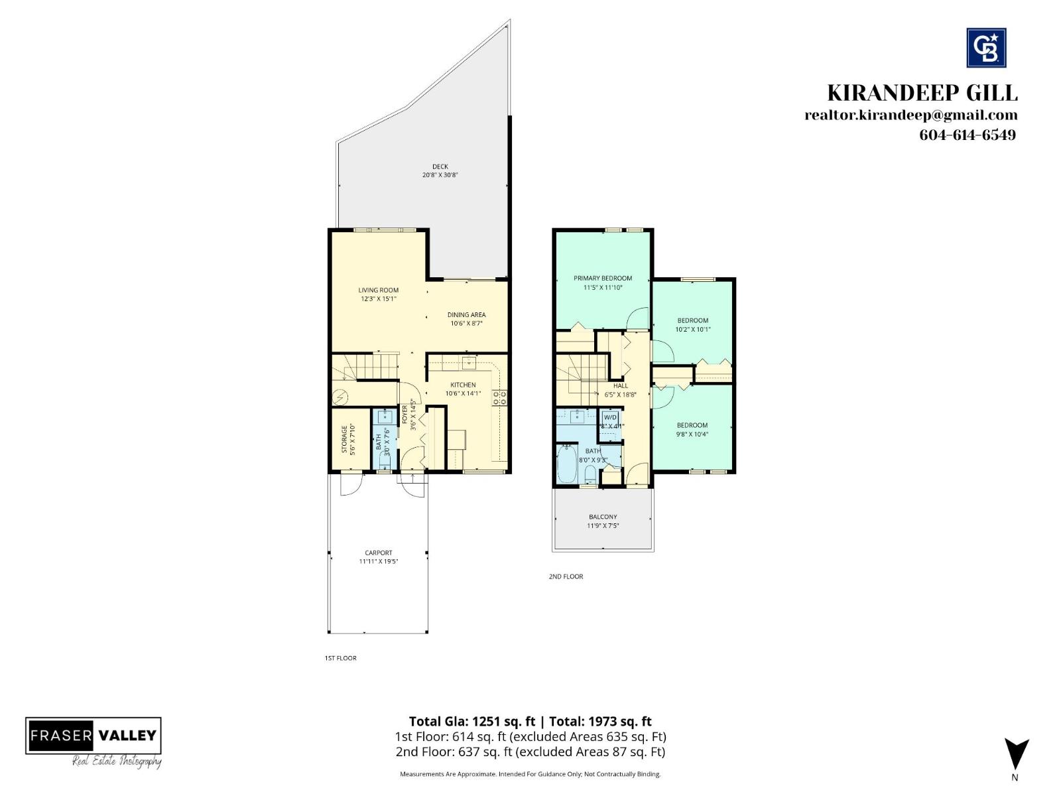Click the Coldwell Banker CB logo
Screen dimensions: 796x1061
pos(986,48)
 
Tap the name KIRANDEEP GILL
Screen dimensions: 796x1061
pos(922,93)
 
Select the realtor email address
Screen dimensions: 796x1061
pos(910,115)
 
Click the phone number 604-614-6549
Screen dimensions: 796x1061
pos(967,135)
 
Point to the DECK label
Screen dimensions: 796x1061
pos(440,166)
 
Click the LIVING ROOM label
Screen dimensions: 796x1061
pos(378,290)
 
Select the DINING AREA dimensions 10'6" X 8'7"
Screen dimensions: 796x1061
pos(466,324)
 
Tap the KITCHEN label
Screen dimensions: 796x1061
pos(463,385)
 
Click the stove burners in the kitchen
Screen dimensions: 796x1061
pos(499,398)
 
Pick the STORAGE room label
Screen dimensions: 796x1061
pos(344,439)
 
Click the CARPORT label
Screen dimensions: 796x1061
pos(378,553)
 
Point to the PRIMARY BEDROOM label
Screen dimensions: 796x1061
pos(602,278)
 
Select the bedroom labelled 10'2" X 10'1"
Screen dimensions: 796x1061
pos(692,324)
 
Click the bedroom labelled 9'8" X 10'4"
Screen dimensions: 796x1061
pos(692,429)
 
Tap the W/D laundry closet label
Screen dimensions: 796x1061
pos(610,418)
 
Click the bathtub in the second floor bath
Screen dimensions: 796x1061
pos(567,465)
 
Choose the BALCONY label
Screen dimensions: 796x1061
pos(602,517)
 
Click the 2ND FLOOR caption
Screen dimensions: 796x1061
pos(566,576)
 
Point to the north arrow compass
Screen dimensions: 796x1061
pos(1015,755)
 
